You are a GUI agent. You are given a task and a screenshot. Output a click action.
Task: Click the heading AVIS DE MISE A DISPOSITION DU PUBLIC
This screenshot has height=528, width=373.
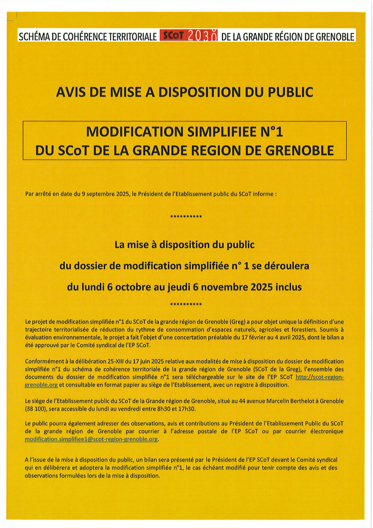point(185,92)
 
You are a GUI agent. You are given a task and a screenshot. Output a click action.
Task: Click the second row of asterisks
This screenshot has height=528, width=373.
point(186,305)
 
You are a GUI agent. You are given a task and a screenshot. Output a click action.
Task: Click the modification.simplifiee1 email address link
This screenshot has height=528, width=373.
point(92,439)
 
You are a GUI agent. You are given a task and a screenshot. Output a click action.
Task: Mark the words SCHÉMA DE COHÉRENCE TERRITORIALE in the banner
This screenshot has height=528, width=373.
point(88,36)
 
